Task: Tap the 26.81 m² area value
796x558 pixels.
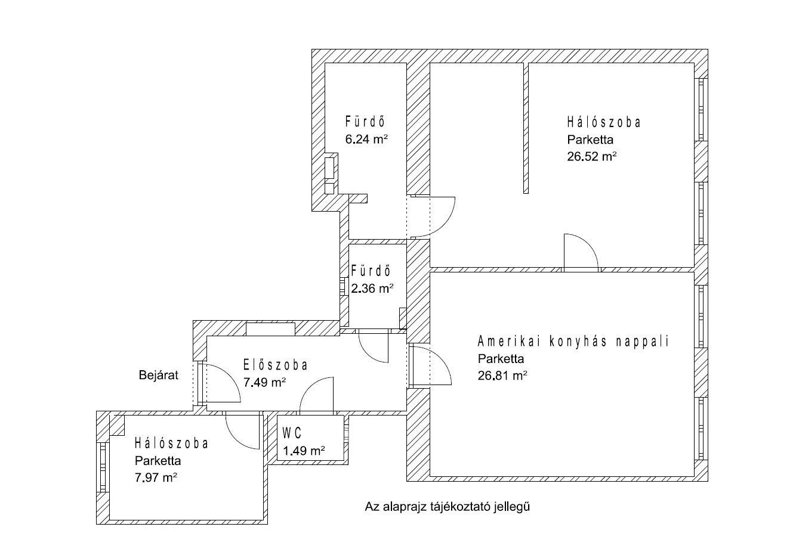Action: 502,376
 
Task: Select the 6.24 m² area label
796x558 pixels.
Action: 367,139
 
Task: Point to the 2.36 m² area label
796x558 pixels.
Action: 372,289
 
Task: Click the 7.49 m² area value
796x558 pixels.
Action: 265,382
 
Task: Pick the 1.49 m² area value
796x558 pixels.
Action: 304,451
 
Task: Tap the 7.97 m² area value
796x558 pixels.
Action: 156,478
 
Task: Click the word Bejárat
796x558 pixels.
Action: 159,376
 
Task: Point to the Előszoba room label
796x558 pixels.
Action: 275,365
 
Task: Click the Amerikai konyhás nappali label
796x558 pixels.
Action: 573,342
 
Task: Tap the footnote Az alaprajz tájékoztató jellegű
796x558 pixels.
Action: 448,507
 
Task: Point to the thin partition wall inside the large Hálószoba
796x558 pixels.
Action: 526,128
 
